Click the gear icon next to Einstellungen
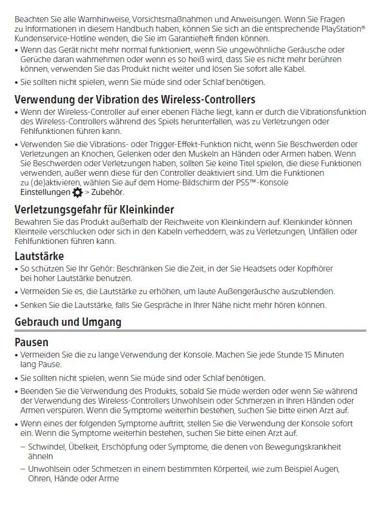(77, 192)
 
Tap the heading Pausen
(32, 343)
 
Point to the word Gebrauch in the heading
(36, 322)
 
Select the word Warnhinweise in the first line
(91, 19)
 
